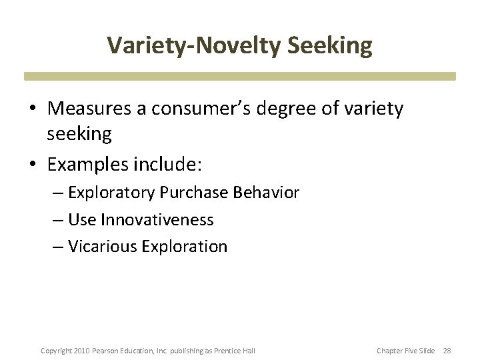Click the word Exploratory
point(111,193)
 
